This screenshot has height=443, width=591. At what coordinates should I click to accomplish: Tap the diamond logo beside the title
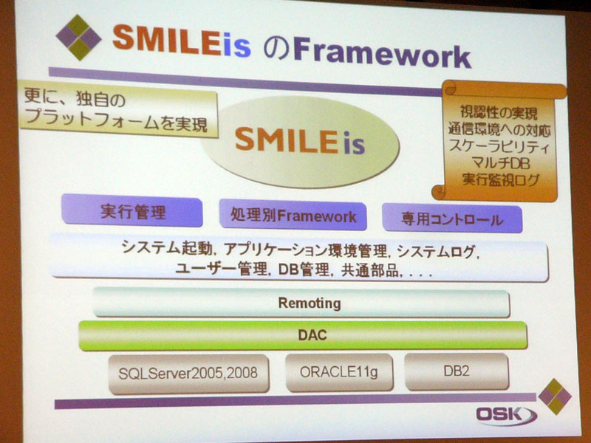79,38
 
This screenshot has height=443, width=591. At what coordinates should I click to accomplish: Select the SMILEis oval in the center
300,142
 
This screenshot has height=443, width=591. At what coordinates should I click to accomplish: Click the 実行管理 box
132,210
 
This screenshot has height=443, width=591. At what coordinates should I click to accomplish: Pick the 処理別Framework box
293,215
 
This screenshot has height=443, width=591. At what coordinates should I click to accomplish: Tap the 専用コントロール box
452,219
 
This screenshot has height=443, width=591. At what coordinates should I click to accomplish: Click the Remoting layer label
310,303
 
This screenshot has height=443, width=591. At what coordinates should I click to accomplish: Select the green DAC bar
303,335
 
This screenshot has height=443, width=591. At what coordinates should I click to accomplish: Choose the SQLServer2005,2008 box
188,374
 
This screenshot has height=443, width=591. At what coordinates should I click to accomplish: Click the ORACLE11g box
339,372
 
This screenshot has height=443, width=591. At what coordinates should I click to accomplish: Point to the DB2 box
457,371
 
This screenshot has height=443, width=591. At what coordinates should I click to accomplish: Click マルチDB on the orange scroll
501,163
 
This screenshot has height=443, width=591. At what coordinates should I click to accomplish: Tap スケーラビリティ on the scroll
499,146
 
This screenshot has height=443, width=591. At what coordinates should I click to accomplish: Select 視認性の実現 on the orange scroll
499,112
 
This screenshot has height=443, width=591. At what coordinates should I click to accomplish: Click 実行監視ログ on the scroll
500,179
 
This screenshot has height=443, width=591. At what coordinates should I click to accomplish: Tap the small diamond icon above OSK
555,396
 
